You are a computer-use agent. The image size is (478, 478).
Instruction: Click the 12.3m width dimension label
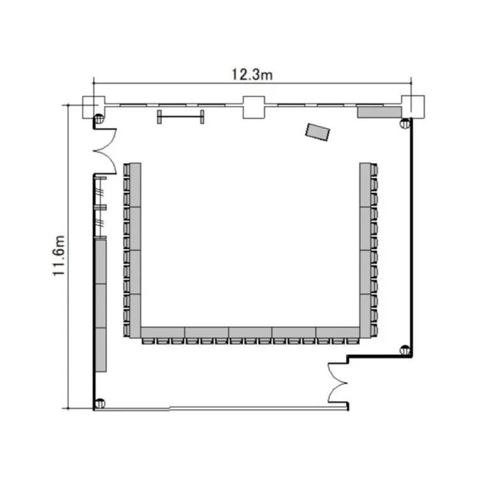click(252, 75)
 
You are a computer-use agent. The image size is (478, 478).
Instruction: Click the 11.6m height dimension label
click(59, 256)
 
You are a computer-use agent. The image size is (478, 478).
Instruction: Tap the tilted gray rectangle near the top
click(317, 132)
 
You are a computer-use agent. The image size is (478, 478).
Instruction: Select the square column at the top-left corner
click(94, 107)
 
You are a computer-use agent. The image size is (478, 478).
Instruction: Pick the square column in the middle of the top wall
click(254, 107)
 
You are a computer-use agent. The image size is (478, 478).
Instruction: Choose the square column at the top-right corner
click(413, 106)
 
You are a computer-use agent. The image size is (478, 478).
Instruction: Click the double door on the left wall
click(105, 151)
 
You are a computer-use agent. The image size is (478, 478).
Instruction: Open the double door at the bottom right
click(338, 383)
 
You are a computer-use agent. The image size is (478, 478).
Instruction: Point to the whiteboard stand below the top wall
click(181, 117)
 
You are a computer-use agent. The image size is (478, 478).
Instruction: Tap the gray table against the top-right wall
click(379, 112)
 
